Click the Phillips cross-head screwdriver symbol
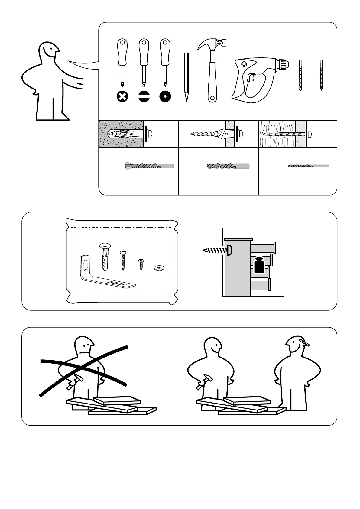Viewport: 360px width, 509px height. point(122,97)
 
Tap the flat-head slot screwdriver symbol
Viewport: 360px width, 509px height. point(144,97)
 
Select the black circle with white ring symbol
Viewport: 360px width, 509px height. point(165,97)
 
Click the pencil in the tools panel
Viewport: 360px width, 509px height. point(186,77)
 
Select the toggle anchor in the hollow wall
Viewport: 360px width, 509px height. point(220,133)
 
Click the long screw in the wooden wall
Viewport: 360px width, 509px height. point(284,134)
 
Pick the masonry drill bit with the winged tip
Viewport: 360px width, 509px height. point(149,166)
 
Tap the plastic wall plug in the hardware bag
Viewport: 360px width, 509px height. point(105,255)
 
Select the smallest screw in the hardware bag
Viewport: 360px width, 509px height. point(141,264)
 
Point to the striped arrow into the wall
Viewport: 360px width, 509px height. point(214,250)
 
